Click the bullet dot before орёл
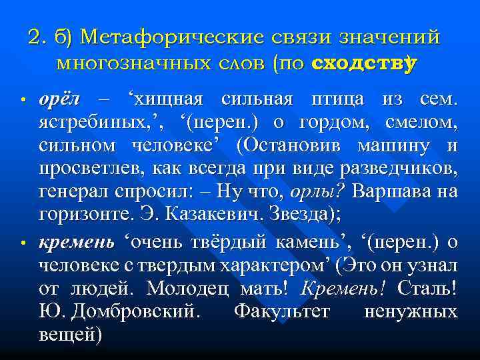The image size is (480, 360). coord(22,101)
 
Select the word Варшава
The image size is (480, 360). coord(391,193)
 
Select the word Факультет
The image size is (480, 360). coord(283,311)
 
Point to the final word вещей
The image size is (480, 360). coord(69,334)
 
